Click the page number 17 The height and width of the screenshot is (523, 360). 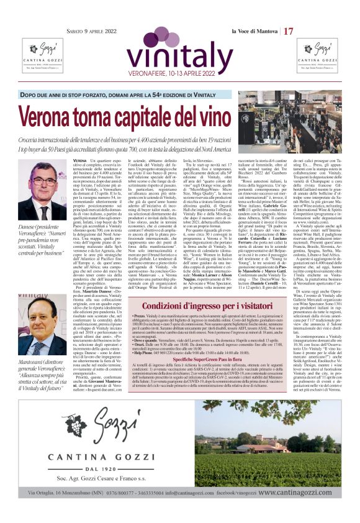(x=289, y=31)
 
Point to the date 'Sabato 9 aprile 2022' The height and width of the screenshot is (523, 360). (x=92, y=31)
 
